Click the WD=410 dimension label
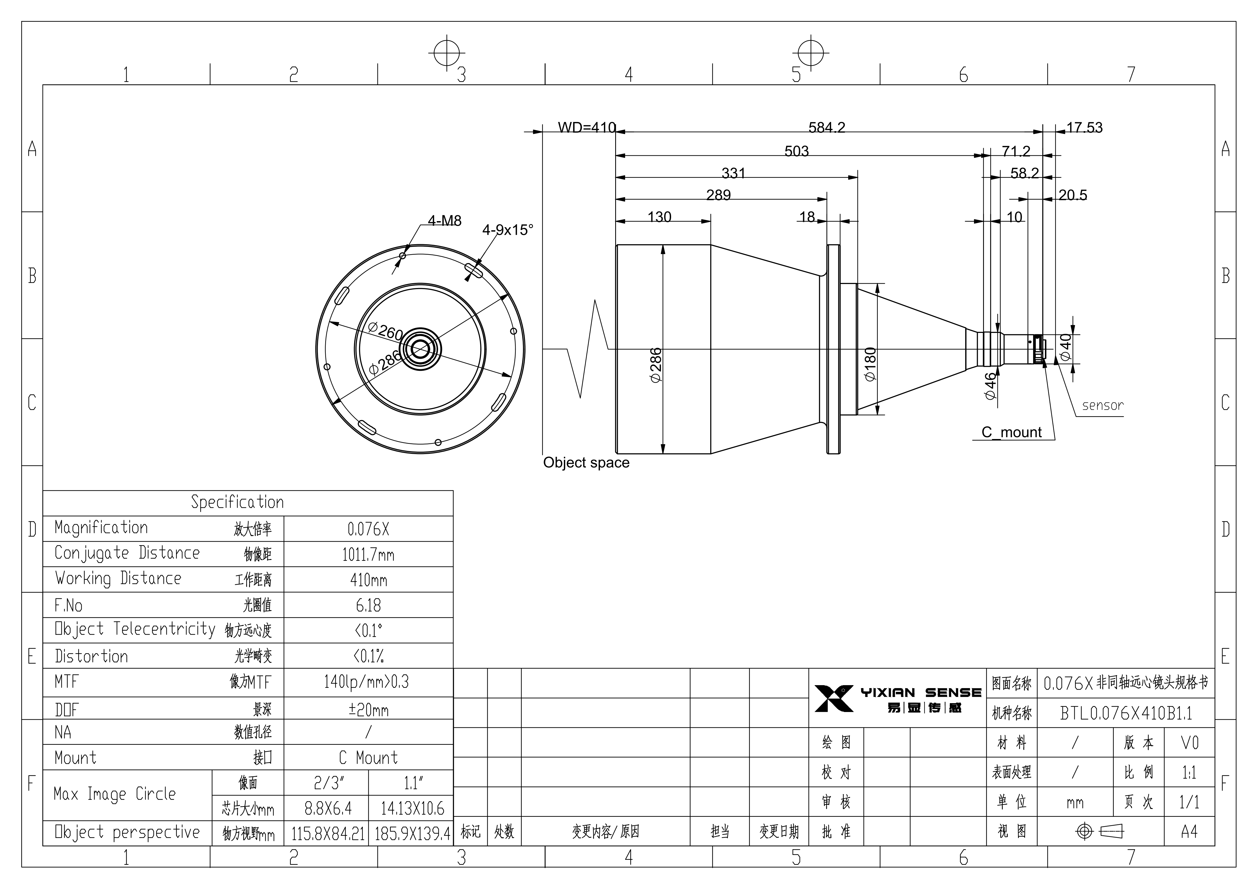(586, 128)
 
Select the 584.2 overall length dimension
(827, 128)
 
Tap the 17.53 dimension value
(1084, 128)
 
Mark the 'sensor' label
(1103, 406)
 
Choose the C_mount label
(1012, 433)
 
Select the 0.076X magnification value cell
(368, 529)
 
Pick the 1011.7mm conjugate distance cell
(368, 555)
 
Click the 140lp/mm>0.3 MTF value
(366, 682)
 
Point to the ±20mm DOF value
(368, 710)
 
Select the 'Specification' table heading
(238, 502)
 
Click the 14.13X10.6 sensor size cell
(413, 808)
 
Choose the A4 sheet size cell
(1189, 832)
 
